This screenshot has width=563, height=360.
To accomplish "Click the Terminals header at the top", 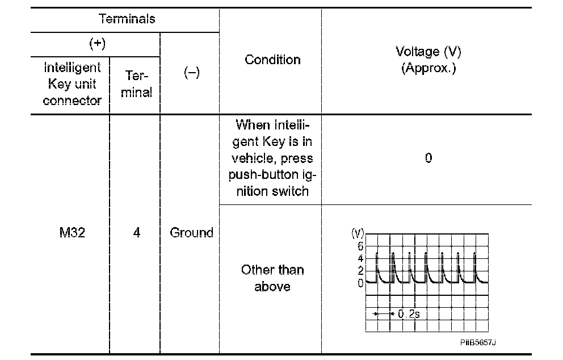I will [x=127, y=19].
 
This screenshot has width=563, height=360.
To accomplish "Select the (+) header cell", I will [x=96, y=44].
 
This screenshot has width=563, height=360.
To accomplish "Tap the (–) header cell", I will [x=191, y=74].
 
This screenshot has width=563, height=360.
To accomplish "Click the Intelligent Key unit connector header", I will [x=72, y=84].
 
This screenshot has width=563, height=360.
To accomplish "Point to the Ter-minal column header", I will [x=136, y=85].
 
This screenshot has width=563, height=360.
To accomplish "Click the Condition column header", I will [x=272, y=60].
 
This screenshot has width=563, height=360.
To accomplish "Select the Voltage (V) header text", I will [x=428, y=52].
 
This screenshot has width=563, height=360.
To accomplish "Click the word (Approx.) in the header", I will [x=428, y=69].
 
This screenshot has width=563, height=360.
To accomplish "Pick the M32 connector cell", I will [x=72, y=233].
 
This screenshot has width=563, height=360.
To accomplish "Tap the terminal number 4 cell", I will [x=136, y=233].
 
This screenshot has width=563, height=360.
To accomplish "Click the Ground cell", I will [x=191, y=233].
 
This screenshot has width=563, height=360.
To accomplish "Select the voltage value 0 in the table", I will [x=428, y=158].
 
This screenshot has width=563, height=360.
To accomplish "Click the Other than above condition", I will [x=272, y=278].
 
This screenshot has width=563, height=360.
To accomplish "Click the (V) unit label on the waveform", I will [x=359, y=233].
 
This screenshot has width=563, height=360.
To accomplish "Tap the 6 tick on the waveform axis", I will [x=360, y=246].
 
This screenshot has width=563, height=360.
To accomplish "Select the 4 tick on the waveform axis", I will [x=360, y=258].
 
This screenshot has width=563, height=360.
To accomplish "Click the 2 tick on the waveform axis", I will [x=360, y=271].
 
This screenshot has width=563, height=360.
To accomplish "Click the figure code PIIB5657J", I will [x=478, y=343].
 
